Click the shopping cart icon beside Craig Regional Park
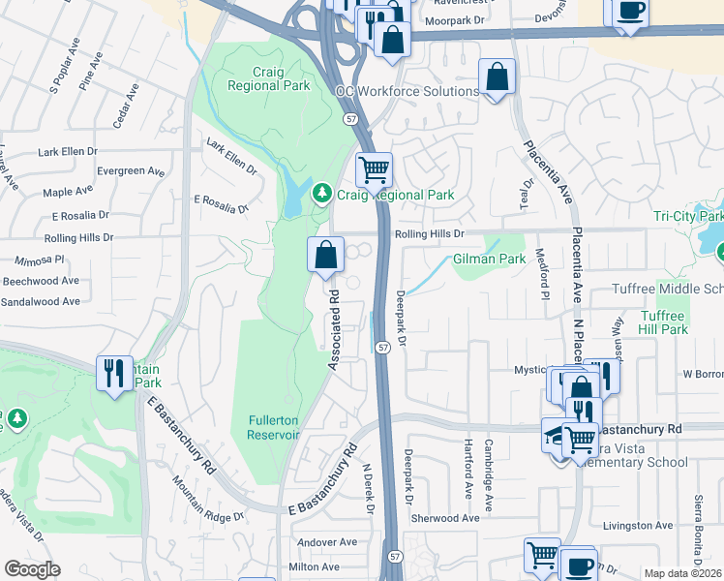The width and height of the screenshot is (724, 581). click(x=374, y=170)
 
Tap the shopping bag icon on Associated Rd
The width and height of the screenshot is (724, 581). click(x=326, y=255)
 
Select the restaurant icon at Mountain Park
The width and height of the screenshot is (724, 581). click(x=113, y=373)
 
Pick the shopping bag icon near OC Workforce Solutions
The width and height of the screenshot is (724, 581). click(x=497, y=78)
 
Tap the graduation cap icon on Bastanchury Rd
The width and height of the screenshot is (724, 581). click(x=557, y=435)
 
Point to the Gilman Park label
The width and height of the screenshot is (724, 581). click(x=489, y=260)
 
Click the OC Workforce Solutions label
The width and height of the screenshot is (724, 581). click(x=407, y=91)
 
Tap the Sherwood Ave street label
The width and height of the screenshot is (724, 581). click(x=445, y=518)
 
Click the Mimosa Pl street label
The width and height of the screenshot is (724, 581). click(x=40, y=260)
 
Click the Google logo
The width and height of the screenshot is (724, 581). click(x=32, y=568)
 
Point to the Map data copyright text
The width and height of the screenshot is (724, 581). click(x=682, y=573)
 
